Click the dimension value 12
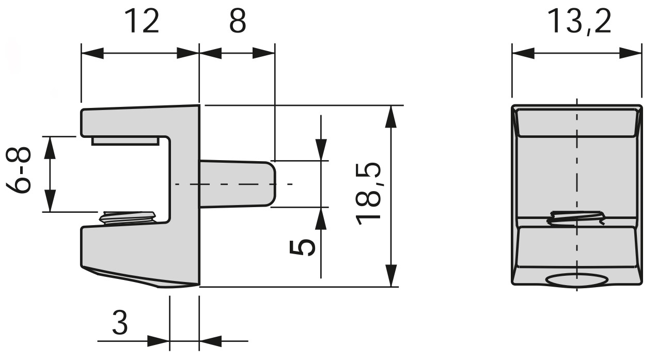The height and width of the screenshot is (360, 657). [141, 22]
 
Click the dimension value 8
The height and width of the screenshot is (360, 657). [237, 22]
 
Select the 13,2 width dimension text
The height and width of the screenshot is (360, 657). [578, 22]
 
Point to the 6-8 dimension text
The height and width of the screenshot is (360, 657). [21, 170]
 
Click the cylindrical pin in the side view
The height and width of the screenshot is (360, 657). [238, 184]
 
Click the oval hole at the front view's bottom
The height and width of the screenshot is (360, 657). [576, 280]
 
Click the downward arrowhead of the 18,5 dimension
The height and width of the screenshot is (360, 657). [392, 275]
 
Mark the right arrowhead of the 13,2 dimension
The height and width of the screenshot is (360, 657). [631, 53]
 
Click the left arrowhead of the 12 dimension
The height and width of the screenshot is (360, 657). [93, 53]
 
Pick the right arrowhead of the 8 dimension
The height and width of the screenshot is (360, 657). [263, 53]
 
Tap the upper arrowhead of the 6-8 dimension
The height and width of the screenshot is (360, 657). [50, 148]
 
